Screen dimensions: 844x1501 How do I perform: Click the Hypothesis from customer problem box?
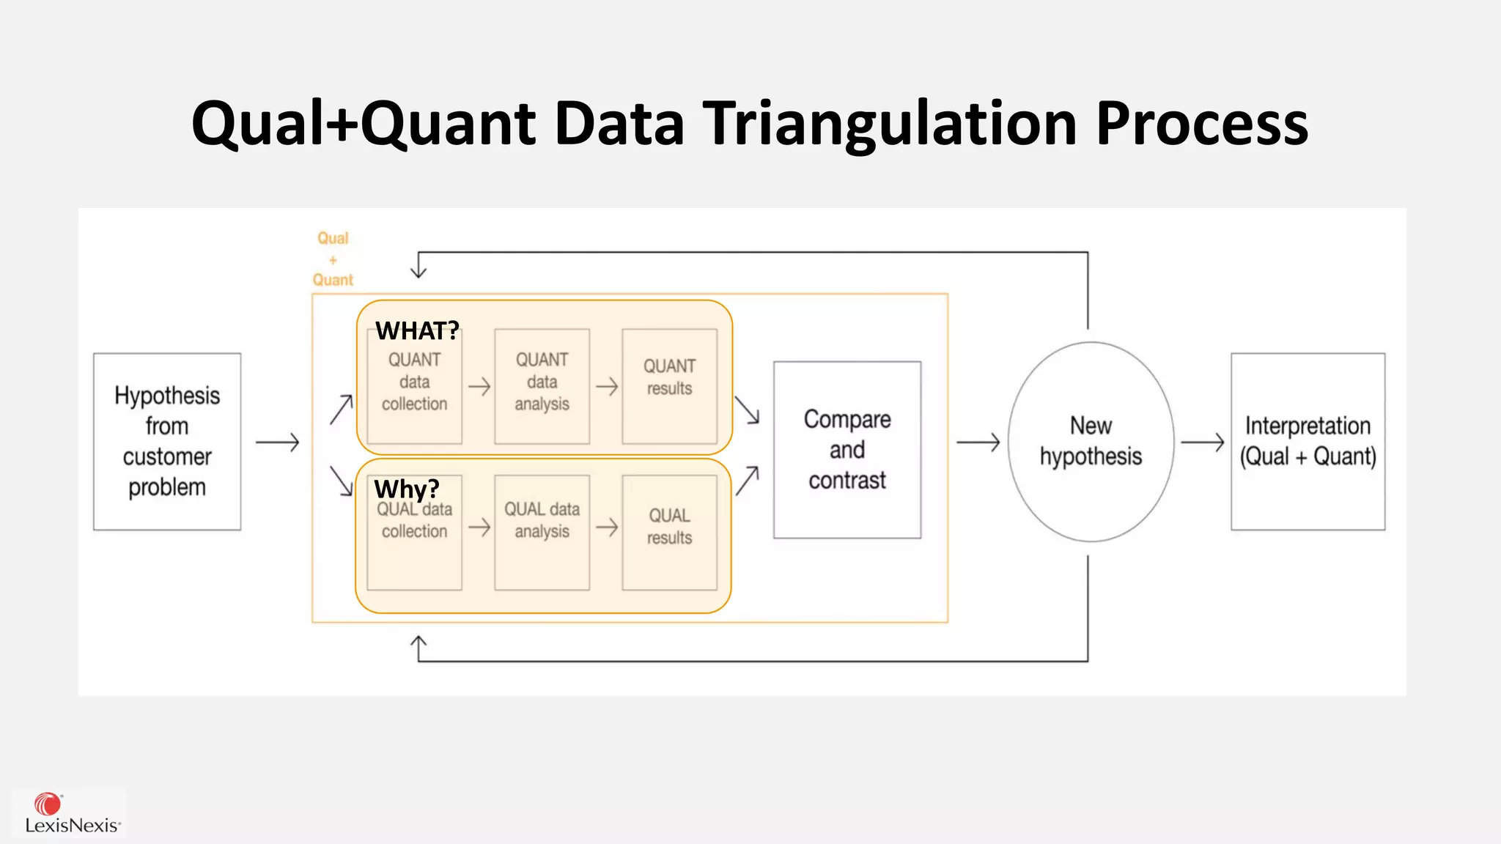pyautogui.click(x=167, y=441)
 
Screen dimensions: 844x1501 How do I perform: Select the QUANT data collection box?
pyautogui.click(x=414, y=387)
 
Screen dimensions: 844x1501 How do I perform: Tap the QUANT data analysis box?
pyautogui.click(x=542, y=386)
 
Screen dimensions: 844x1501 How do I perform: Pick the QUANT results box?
pyautogui.click(x=669, y=386)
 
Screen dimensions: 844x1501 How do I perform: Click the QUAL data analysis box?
pyautogui.click(x=542, y=532)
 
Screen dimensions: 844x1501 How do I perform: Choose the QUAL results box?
pyautogui.click(x=669, y=532)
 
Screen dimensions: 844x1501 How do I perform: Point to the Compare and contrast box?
pyautogui.click(x=847, y=449)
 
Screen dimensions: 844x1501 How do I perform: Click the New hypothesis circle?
pyautogui.click(x=1091, y=441)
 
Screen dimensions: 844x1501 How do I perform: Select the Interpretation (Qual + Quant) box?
pyautogui.click(x=1308, y=441)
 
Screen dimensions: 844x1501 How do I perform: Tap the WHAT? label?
pyautogui.click(x=417, y=331)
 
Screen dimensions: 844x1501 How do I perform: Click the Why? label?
pyautogui.click(x=406, y=489)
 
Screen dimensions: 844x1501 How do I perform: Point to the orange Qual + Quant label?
pyautogui.click(x=333, y=259)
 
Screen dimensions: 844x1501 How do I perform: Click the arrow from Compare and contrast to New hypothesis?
pyautogui.click(x=978, y=442)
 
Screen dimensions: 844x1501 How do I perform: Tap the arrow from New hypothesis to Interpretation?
pyautogui.click(x=1202, y=442)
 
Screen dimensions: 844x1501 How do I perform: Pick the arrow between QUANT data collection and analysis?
pyautogui.click(x=479, y=386)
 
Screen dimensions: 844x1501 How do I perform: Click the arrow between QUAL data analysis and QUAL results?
pyautogui.click(x=607, y=527)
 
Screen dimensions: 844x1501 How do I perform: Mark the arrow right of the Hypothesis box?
pyautogui.click(x=277, y=442)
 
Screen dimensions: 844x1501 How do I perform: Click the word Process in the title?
pyautogui.click(x=1202, y=123)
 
